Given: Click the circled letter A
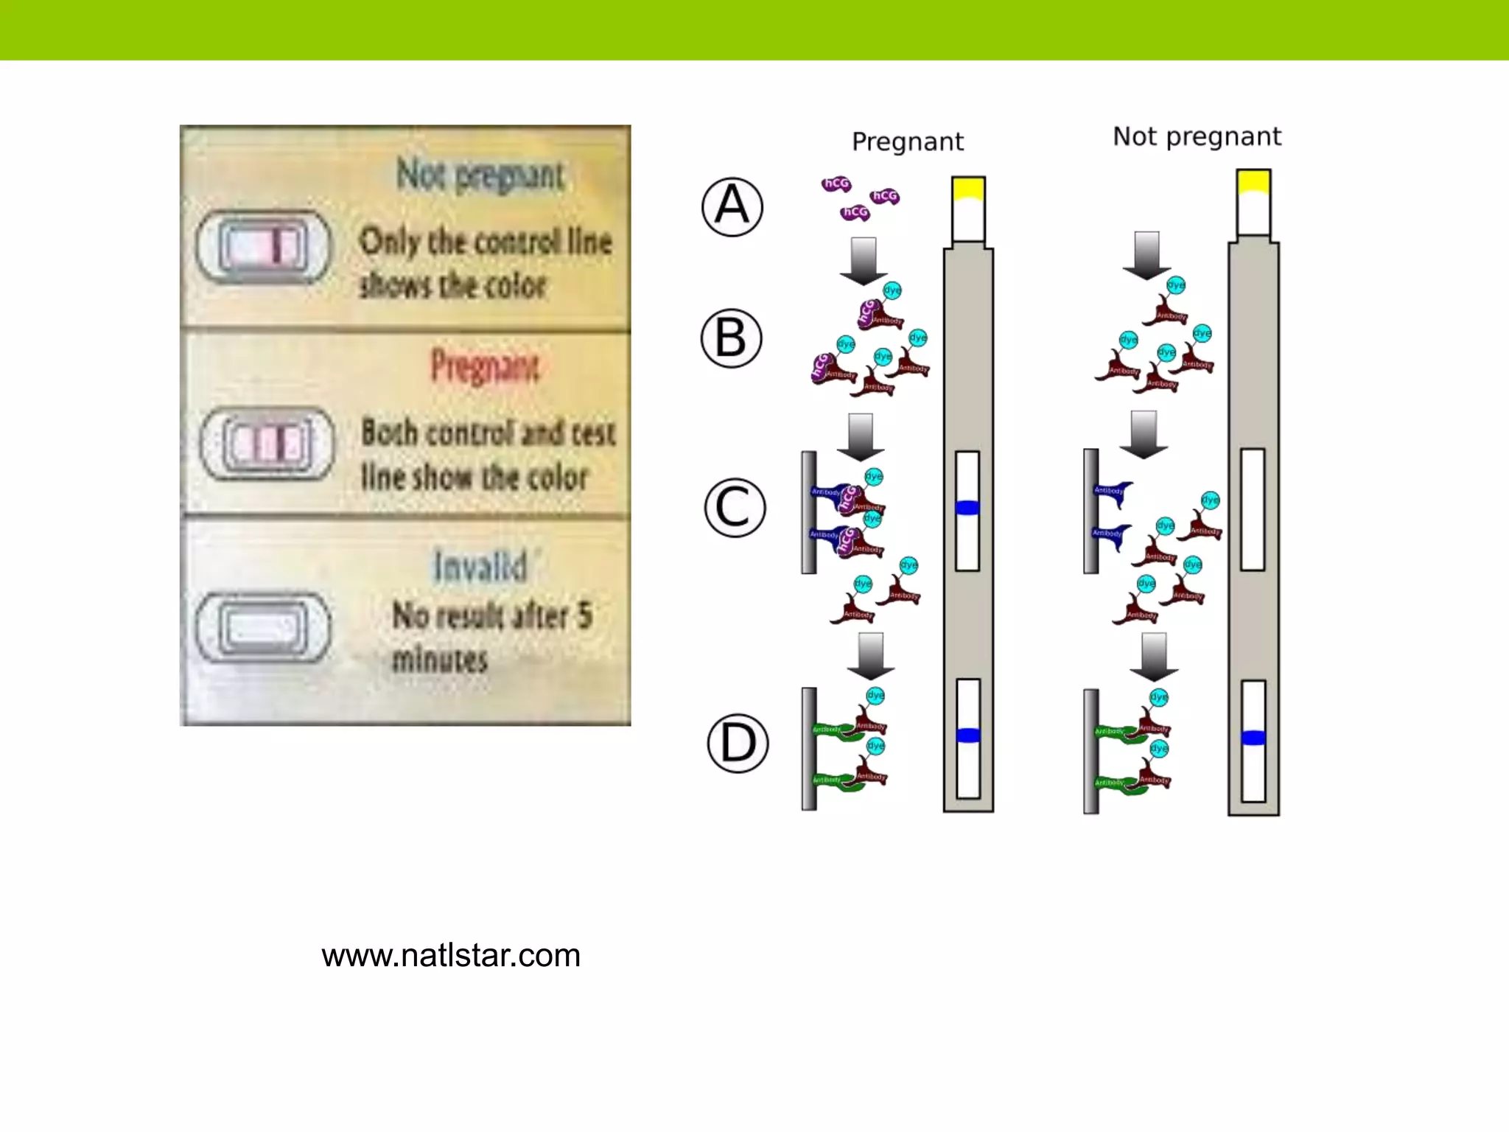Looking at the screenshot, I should coord(732,206).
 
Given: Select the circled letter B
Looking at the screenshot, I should coord(730,338).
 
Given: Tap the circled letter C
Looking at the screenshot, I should coord(734,507).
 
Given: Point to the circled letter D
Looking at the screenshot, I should coord(737,743).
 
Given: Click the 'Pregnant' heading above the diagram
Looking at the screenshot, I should coord(907,141).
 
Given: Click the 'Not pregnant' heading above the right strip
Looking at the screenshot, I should coord(1197,136).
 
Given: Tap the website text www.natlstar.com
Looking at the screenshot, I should coord(451,955).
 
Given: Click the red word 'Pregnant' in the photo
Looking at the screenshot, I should coord(485,366).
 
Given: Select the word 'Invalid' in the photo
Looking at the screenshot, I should coord(480,567).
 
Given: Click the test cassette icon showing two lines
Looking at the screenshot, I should coord(267,443).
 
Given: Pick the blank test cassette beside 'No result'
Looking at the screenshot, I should coord(263,628).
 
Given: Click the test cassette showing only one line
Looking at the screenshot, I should coord(263,246).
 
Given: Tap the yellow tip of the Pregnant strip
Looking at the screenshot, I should coord(968,189).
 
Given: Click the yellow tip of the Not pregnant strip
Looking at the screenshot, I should coord(1253,181).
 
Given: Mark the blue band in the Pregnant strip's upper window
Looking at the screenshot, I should coord(967,508).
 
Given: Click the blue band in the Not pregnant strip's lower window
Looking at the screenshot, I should coord(1253,738).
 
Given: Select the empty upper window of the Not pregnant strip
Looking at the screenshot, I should coord(1253,509).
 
